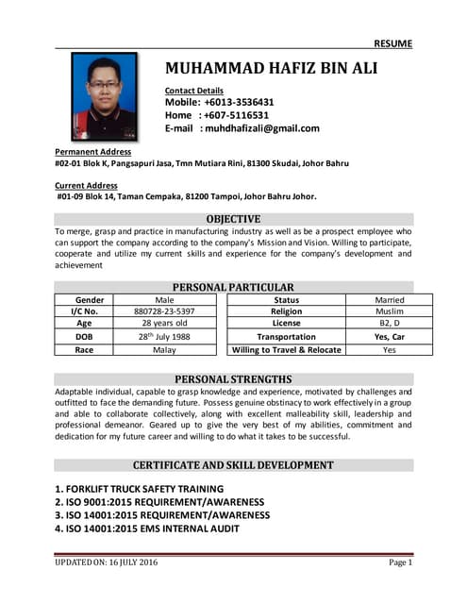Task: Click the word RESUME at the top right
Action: click(x=393, y=43)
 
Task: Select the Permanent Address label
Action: click(x=92, y=151)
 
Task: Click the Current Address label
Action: click(x=86, y=186)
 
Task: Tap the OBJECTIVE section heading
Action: click(x=233, y=219)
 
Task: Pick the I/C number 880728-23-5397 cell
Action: click(x=164, y=310)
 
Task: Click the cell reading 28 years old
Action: click(x=164, y=323)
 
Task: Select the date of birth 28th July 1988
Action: click(x=164, y=336)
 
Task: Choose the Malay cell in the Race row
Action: click(x=164, y=349)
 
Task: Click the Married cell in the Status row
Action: click(x=389, y=299)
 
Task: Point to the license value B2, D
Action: click(x=389, y=323)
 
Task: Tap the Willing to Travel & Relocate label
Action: click(x=287, y=349)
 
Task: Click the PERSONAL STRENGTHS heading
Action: click(x=233, y=379)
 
